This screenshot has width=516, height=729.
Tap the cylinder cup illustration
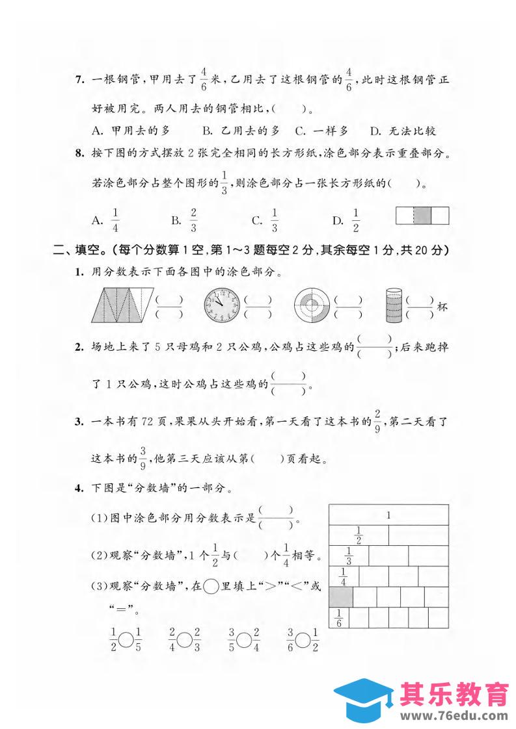pyautogui.click(x=394, y=304)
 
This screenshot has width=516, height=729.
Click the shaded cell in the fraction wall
pyautogui.click(x=341, y=596)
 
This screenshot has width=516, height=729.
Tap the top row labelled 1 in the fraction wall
pyautogui.click(x=388, y=515)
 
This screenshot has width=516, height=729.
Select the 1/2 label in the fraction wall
pyautogui.click(x=358, y=535)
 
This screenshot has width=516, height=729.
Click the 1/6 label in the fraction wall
pyautogui.click(x=338, y=617)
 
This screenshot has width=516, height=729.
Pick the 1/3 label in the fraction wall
pyautogui.click(x=349, y=556)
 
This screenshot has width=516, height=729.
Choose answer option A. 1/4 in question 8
pyautogui.click(x=107, y=220)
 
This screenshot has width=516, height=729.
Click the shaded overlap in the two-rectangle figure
pyautogui.click(x=423, y=216)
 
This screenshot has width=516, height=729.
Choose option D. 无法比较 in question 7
pyautogui.click(x=403, y=131)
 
